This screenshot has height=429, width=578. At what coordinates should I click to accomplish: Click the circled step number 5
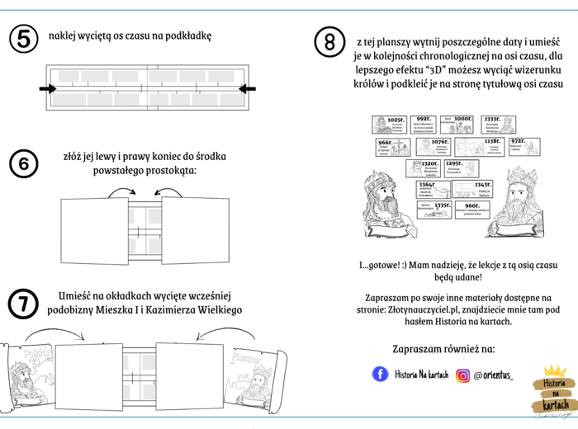pyautogui.click(x=23, y=38)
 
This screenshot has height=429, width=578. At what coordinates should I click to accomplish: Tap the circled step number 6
pyautogui.click(x=23, y=165)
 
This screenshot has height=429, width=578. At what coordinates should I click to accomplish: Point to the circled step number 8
pyautogui.click(x=330, y=40)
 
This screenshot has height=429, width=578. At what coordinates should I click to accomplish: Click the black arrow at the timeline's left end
pyautogui.click(x=47, y=88)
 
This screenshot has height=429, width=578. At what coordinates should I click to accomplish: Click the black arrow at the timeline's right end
pyautogui.click(x=247, y=88)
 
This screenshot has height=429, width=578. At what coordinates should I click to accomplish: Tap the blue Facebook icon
pyautogui.click(x=380, y=375)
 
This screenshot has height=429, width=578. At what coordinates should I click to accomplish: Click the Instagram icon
pyautogui.click(x=462, y=375)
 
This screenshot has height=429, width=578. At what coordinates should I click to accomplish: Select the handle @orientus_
pyautogui.click(x=493, y=375)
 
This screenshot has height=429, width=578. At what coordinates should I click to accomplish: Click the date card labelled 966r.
pyautogui.click(x=385, y=147)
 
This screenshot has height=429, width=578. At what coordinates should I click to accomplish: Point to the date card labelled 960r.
pyautogui.click(x=468, y=208)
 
